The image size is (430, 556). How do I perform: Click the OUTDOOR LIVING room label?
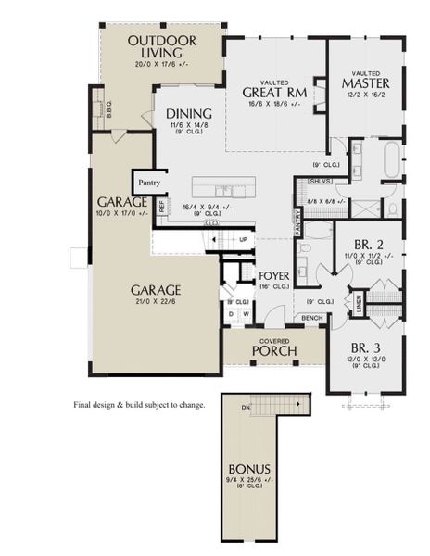(x=162, y=47)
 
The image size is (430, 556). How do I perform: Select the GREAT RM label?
(x=274, y=92)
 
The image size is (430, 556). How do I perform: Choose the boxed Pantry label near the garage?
(x=149, y=183)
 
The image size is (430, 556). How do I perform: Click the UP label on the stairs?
(x=244, y=238)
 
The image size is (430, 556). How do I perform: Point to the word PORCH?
(x=275, y=351)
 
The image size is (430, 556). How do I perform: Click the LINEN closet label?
(x=359, y=300)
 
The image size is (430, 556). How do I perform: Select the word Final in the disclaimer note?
(x=84, y=405)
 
